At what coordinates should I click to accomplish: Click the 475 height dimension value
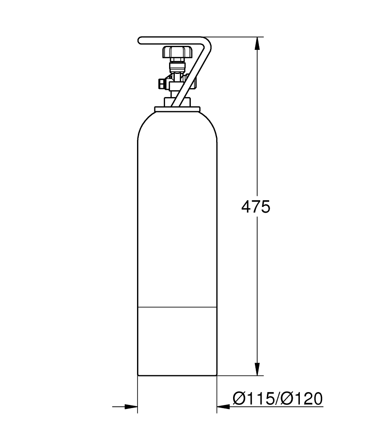(255, 207)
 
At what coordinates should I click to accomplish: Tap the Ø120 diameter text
(302, 399)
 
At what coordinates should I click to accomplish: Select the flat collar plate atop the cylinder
(177, 109)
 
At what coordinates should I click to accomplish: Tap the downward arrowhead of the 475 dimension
(257, 368)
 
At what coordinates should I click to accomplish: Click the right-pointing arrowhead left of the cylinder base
(131, 406)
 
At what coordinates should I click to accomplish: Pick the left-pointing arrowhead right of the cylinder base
(223, 406)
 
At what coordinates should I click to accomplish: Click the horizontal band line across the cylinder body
(177, 307)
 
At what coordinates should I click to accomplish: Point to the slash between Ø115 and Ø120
(278, 399)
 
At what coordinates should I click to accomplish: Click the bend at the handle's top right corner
(207, 42)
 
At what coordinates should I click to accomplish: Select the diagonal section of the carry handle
(191, 76)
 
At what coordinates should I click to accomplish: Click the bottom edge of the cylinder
(177, 376)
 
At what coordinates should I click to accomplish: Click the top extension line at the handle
(236, 37)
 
